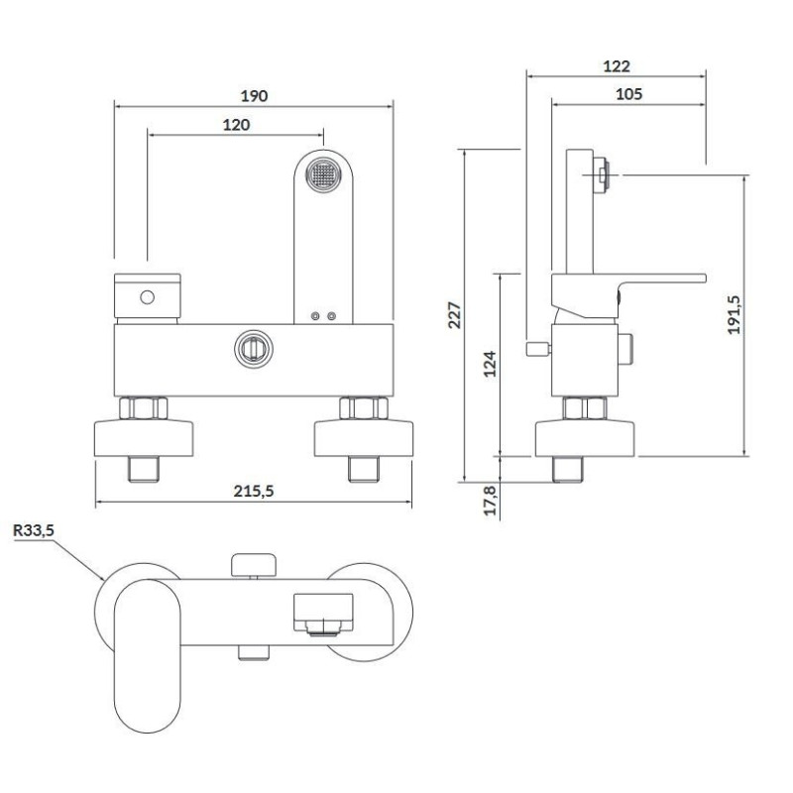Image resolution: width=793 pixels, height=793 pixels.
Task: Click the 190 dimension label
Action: pos(255,95)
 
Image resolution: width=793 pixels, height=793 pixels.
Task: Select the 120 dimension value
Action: pos(236,124)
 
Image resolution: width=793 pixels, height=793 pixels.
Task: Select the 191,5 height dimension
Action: pos(735,314)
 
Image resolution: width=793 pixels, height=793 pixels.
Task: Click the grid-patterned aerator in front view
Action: pos(323,177)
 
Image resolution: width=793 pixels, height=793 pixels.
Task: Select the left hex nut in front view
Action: pos(144,407)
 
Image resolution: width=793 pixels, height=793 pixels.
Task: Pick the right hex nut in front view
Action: pos(362,407)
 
